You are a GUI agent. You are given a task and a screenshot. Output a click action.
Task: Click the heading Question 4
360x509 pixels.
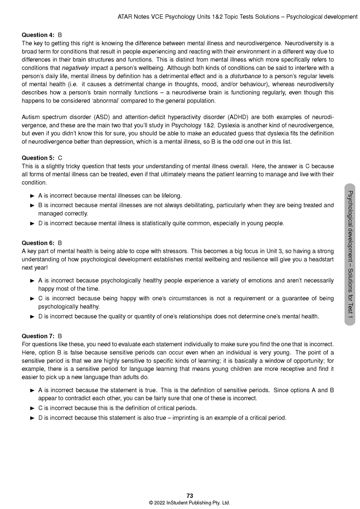click(x=38, y=36)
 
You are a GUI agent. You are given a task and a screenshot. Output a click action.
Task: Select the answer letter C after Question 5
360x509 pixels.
click(x=60, y=158)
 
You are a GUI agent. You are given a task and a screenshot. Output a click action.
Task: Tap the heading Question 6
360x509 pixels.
click(x=38, y=243)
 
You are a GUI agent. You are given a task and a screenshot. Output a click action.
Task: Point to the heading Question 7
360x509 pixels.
click(x=38, y=336)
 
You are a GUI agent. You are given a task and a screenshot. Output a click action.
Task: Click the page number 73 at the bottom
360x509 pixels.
click(x=190, y=496)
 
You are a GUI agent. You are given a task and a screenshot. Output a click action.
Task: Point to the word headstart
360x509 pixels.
click(x=319, y=259)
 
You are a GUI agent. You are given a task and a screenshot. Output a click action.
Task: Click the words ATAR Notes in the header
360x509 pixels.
click(x=133, y=17)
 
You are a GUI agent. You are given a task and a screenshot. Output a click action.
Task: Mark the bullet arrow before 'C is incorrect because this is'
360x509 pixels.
click(x=33, y=408)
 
